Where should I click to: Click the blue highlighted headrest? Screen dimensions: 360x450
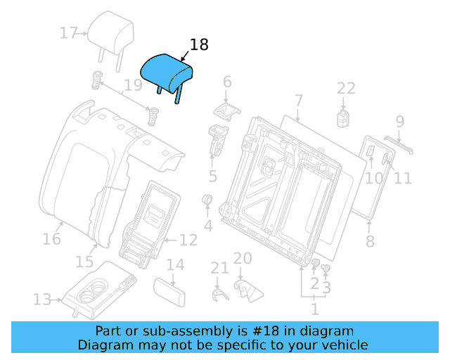[167, 72]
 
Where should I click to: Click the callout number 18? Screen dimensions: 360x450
[199, 45]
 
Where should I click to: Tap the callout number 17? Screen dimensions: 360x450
[69, 33]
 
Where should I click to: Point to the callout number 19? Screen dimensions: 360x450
[132, 86]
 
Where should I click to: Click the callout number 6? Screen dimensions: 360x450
[226, 82]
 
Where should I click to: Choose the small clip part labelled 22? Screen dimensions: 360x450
[345, 117]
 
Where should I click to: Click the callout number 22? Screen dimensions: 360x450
[346, 88]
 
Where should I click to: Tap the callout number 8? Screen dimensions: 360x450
[370, 243]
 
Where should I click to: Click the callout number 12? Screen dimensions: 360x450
[188, 240]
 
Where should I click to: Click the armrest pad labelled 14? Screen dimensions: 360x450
[169, 290]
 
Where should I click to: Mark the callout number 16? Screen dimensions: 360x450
[51, 239]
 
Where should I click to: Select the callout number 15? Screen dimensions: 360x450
[84, 262]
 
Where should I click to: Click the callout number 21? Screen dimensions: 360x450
[220, 268]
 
